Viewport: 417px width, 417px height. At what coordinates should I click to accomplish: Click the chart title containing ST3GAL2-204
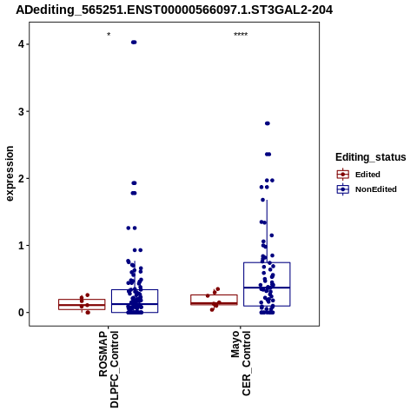pyautogui.click(x=175, y=10)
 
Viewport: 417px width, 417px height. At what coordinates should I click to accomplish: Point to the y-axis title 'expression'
pyautogui.click(x=10, y=174)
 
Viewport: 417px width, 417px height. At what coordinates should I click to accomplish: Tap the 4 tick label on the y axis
pyautogui.click(x=22, y=44)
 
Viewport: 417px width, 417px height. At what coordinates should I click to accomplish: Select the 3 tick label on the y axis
pyautogui.click(x=22, y=111)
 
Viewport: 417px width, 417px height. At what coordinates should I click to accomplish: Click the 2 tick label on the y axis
pyautogui.click(x=22, y=178)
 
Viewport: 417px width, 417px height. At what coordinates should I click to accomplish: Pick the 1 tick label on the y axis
pyautogui.click(x=22, y=246)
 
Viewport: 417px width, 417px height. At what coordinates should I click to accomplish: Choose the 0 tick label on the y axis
pyautogui.click(x=22, y=313)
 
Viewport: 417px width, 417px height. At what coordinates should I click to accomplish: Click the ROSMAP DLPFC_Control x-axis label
pyautogui.click(x=109, y=369)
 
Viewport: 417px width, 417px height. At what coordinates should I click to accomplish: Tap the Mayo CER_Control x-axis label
pyautogui.click(x=241, y=363)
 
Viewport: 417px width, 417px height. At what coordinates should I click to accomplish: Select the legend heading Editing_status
pyautogui.click(x=371, y=157)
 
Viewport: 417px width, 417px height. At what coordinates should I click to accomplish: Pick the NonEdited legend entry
pyautogui.click(x=367, y=189)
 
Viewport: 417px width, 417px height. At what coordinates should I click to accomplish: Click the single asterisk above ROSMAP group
pyautogui.click(x=109, y=35)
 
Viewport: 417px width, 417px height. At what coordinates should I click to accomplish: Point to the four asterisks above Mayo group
pyautogui.click(x=241, y=35)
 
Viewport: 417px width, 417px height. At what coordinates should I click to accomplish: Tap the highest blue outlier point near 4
pyautogui.click(x=134, y=43)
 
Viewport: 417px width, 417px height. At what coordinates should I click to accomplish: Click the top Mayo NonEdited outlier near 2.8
pyautogui.click(x=268, y=123)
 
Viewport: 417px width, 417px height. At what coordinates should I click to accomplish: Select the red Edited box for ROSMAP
pyautogui.click(x=82, y=305)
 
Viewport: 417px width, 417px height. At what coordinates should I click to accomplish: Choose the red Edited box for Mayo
pyautogui.click(x=214, y=300)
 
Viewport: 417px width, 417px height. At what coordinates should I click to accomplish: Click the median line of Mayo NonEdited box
pyautogui.click(x=267, y=288)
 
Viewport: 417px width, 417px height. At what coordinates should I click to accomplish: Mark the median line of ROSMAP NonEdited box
pyautogui.click(x=135, y=304)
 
